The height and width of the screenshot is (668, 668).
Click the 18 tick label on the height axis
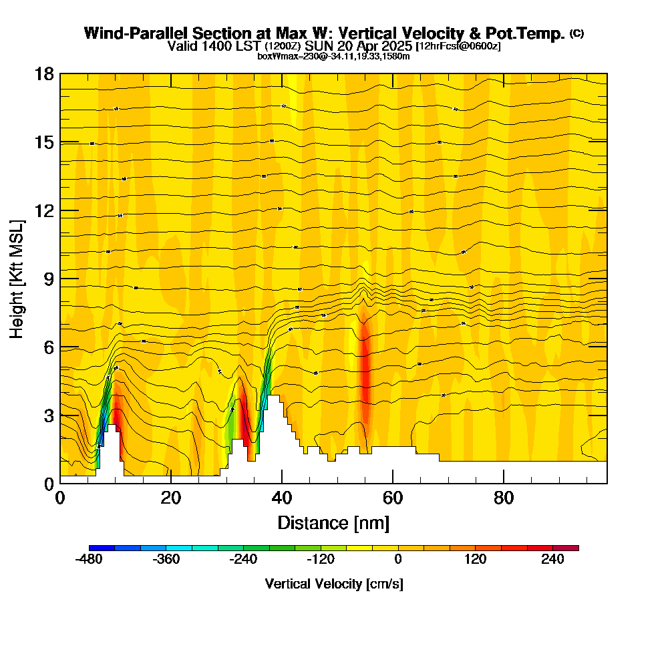pos(44,73)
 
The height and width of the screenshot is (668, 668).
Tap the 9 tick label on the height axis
pos(48,279)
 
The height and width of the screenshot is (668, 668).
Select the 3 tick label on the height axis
pos(48,415)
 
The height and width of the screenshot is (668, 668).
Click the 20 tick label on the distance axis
pos(171,498)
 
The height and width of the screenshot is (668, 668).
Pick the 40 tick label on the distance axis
pos(282,498)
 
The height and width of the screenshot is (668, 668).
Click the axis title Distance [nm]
pos(333,522)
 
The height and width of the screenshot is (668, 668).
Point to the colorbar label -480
pos(89,560)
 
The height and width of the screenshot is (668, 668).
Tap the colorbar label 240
pos(552,560)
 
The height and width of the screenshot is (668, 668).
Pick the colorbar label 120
pos(476,560)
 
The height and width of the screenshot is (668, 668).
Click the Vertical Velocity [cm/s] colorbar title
pos(333,584)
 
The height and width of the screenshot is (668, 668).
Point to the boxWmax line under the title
pos(333,56)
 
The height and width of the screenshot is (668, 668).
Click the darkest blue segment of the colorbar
pos(102,548)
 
